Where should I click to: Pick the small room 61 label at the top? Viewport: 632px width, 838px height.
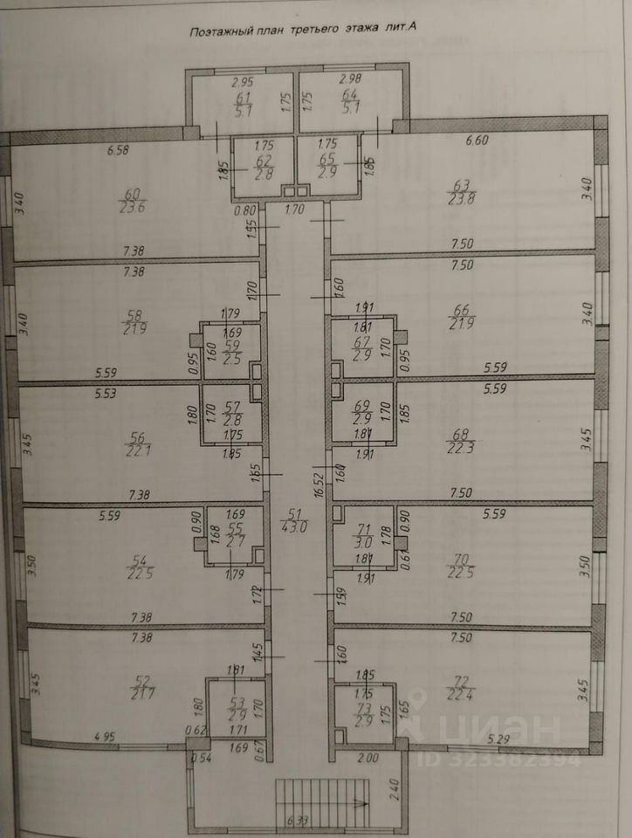pyautogui.click(x=244, y=103)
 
